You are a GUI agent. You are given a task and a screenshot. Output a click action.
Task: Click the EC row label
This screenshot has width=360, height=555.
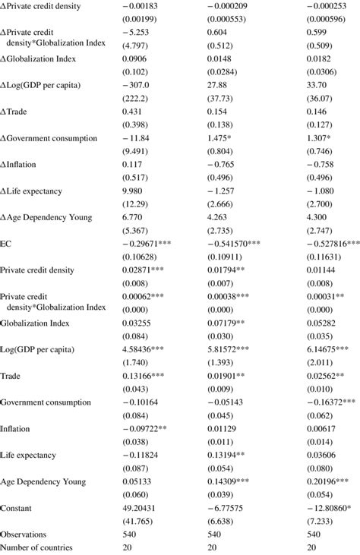pyautogui.click(x=5, y=244)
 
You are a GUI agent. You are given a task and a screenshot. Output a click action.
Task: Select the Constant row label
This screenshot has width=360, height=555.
pyautogui.click(x=16, y=507)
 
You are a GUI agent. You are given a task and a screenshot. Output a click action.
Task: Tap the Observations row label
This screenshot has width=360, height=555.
pyautogui.click(x=24, y=534)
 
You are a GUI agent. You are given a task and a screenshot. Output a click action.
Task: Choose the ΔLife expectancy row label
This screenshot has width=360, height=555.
pyautogui.click(x=33, y=191)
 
